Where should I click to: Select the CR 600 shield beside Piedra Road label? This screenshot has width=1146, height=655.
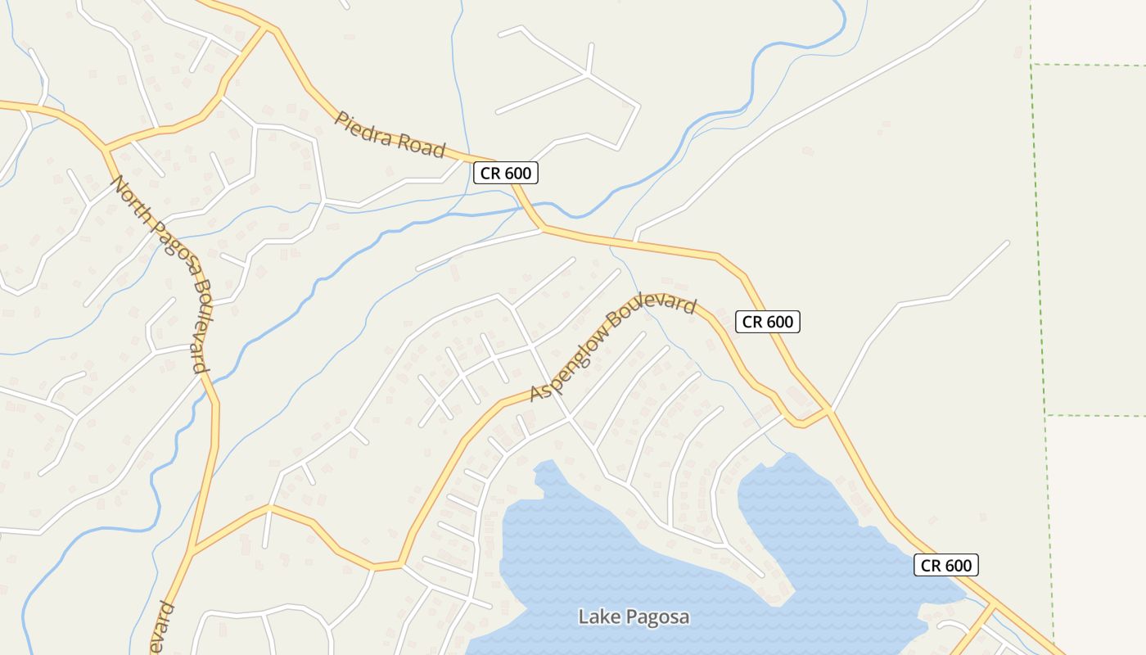coord(506,173)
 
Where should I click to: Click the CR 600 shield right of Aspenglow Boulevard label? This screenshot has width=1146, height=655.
coord(767,322)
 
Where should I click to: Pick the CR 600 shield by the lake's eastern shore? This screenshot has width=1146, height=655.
coord(946,565)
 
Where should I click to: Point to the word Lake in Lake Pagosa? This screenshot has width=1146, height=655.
coord(596,617)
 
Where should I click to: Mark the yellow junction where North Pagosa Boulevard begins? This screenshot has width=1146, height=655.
coord(106,150)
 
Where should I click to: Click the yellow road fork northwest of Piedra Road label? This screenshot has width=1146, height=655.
coord(267,29)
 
